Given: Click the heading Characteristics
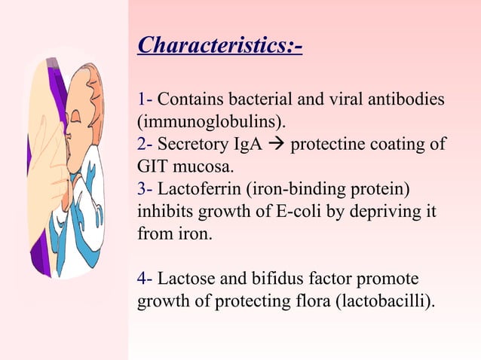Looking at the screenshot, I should [x=219, y=47].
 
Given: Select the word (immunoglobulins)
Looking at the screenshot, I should [x=212, y=121].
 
